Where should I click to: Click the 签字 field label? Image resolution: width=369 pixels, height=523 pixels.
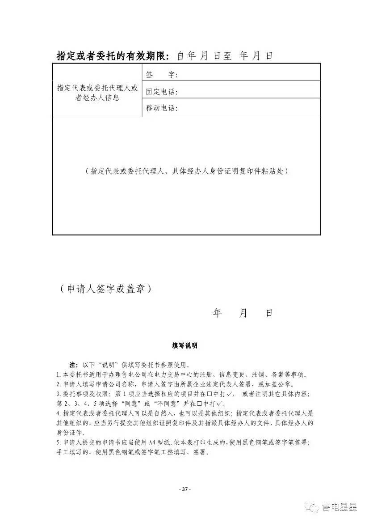[x=161, y=75]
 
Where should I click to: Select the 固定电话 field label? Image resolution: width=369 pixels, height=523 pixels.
[x=162, y=92]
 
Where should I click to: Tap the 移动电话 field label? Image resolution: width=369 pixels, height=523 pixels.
[x=162, y=108]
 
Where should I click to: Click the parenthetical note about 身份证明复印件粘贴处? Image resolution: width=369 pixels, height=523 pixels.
[x=186, y=171]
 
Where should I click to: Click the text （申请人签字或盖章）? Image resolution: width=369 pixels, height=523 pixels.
[x=105, y=289]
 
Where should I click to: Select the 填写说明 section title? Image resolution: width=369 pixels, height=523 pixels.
[x=184, y=346]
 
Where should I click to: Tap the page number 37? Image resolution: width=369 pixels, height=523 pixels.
[x=185, y=489]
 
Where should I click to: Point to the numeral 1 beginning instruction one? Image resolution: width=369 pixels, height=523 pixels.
[x=58, y=374]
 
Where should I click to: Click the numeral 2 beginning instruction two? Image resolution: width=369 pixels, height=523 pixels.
[x=58, y=384]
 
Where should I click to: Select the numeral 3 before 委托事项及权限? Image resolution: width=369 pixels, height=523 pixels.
[x=58, y=394]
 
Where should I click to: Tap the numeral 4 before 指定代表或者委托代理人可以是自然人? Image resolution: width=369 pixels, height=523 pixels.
[x=58, y=413]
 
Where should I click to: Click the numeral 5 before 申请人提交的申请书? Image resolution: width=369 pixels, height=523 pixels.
[x=58, y=442]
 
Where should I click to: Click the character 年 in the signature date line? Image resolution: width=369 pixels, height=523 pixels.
[x=218, y=313]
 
